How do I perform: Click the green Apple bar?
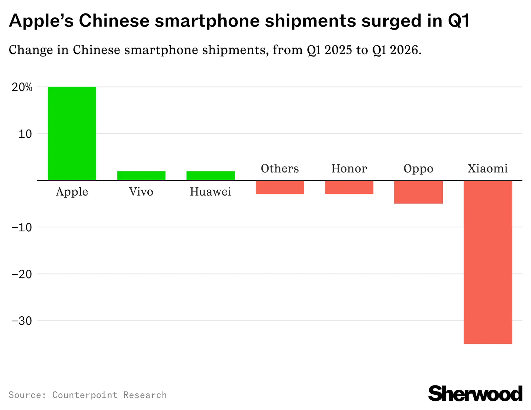pyautogui.click(x=72, y=133)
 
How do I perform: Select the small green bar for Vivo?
pyautogui.click(x=141, y=176)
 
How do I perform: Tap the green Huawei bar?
pyautogui.click(x=210, y=176)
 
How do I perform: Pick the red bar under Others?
pyautogui.click(x=280, y=187)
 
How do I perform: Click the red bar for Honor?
pyautogui.click(x=349, y=187)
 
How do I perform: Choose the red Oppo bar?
pyautogui.click(x=418, y=192)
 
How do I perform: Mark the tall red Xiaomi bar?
pyautogui.click(x=488, y=262)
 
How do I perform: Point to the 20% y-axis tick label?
pyautogui.click(x=22, y=87)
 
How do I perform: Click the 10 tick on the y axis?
pyautogui.click(x=25, y=134)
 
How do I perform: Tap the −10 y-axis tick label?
pyautogui.click(x=22, y=228)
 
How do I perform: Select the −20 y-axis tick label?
pyautogui.click(x=22, y=274)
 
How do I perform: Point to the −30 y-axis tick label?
pyautogui.click(x=22, y=321)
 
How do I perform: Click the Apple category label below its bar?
pyautogui.click(x=72, y=192)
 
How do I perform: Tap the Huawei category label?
pyautogui.click(x=210, y=192)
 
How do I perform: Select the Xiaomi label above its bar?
pyautogui.click(x=488, y=168)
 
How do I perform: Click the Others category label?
pyautogui.click(x=280, y=168)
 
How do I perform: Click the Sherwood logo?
pyautogui.click(x=475, y=394)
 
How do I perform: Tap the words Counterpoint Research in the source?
pyautogui.click(x=110, y=395)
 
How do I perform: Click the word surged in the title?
pyautogui.click(x=391, y=21)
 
